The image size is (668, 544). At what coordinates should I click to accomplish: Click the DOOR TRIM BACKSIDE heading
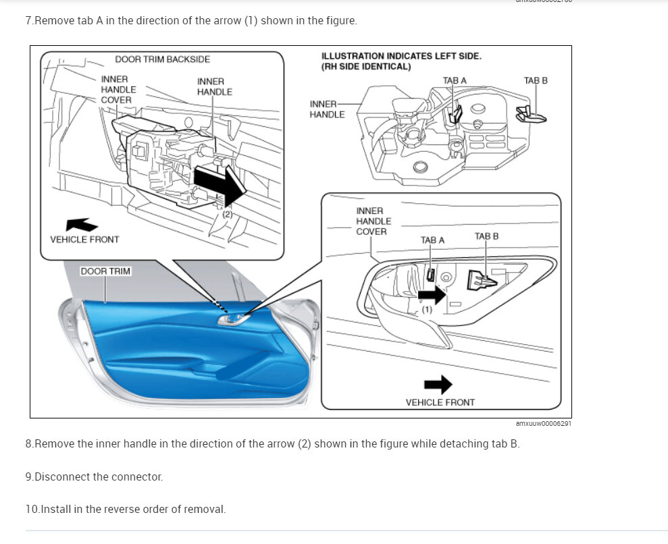162,59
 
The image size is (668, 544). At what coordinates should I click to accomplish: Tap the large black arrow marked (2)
217,186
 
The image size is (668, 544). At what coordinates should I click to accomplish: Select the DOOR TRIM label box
105,271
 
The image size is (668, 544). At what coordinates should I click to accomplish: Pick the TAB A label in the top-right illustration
455,80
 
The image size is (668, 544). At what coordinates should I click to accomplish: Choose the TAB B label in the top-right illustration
536,80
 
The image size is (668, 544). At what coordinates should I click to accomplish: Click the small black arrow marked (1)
432,294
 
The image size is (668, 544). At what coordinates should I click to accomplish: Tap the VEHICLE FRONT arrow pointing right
438,385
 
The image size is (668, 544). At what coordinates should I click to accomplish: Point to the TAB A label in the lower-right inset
432,240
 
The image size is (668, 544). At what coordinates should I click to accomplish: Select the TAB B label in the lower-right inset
486,236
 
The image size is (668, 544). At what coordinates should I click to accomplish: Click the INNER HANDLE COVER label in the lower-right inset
374,221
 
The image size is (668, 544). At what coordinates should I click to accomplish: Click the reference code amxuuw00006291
543,424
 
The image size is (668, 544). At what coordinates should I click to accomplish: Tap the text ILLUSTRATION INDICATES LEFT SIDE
401,56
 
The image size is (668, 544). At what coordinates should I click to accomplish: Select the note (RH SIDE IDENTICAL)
366,66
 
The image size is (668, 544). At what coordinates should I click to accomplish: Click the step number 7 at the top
29,21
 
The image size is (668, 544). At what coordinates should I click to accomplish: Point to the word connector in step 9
140,477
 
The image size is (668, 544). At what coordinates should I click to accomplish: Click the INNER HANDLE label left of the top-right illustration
327,109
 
